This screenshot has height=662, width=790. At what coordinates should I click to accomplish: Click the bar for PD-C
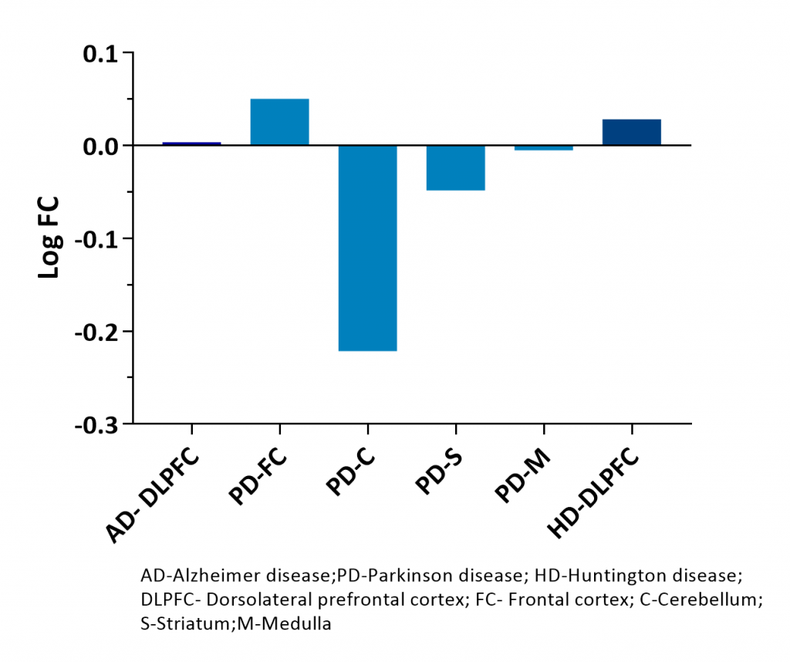pos(368,248)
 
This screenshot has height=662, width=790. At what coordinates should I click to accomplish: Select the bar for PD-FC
pos(280,122)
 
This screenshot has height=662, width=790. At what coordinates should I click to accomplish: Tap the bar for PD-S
pos(456,167)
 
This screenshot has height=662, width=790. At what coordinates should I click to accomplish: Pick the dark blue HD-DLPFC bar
pos(632,132)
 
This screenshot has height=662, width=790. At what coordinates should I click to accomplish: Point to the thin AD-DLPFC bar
pos(192,144)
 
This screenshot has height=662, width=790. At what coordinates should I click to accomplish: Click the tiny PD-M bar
pos(544,148)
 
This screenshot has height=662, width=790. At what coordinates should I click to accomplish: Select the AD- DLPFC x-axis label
pos(154,494)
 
